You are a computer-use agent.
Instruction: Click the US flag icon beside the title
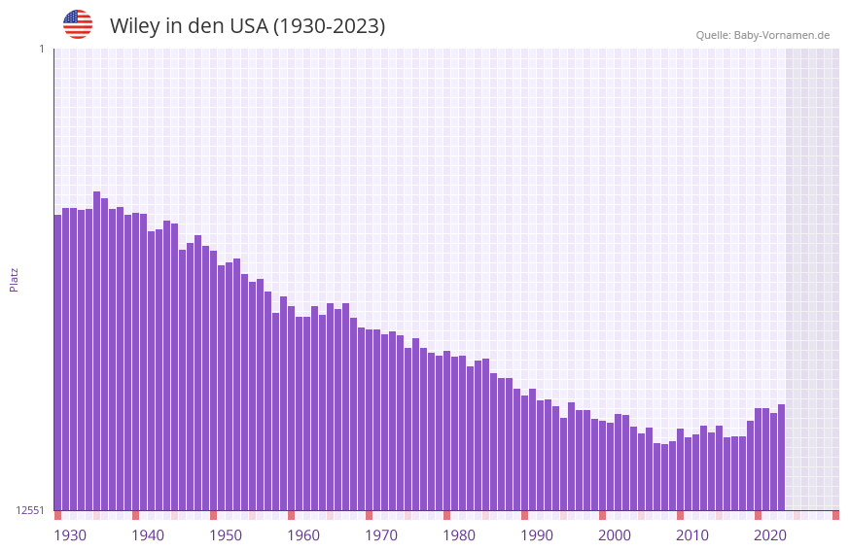[x=78, y=24]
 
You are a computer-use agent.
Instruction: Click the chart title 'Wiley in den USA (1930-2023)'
[x=247, y=26]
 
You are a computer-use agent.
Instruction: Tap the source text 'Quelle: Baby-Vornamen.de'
[x=762, y=35]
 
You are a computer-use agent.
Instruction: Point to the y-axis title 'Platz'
[x=14, y=279]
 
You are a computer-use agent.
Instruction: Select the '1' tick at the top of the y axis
[x=41, y=49]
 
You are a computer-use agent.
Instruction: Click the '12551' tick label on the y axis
[x=30, y=510]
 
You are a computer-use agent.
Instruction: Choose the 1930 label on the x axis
[x=70, y=535]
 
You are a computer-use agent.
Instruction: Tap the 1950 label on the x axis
[x=226, y=535]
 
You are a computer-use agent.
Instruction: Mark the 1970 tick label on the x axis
[x=381, y=535]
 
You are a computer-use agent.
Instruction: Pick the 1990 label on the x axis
[x=537, y=535]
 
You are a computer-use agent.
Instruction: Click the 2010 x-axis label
[x=692, y=535]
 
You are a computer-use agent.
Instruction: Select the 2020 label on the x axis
[x=770, y=535]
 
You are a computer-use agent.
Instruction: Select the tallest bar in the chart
[x=96, y=350]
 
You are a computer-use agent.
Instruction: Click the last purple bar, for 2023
[x=781, y=457]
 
